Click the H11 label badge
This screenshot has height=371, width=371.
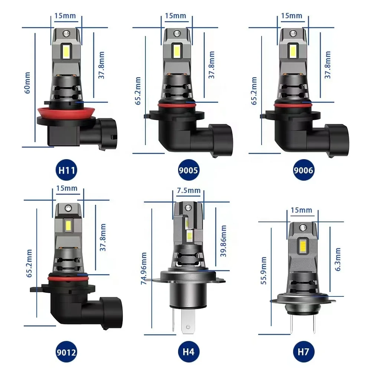click(67, 171)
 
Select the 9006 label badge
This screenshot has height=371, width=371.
click(303, 171)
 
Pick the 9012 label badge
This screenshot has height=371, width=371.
click(67, 351)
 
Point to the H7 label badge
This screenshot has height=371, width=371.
click(303, 351)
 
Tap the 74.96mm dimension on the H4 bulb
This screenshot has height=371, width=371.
click(144, 269)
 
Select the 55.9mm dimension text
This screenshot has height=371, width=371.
click(264, 270)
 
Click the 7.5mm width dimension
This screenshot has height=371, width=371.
click(188, 191)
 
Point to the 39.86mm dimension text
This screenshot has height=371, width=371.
click(223, 241)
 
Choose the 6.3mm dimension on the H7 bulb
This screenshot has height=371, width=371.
click(338, 260)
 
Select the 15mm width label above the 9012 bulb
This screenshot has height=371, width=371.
click(67, 188)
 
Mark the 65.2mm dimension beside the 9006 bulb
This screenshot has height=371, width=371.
click(254, 91)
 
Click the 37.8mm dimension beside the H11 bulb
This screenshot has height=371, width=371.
click(102, 65)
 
